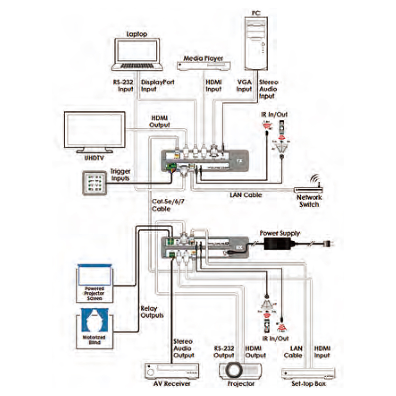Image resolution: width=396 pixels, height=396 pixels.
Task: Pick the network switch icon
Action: tap(309, 189)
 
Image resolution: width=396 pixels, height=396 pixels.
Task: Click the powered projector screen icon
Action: tap(94, 282)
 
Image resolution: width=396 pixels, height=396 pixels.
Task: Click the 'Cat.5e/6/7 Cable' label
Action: tap(167, 205)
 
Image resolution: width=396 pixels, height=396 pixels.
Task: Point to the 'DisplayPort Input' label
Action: tap(157, 85)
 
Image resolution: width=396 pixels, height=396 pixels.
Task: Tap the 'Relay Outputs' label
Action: tap(152, 312)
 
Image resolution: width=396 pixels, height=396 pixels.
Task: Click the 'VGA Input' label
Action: tap(244, 85)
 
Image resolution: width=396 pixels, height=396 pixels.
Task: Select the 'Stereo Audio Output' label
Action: tap(183, 348)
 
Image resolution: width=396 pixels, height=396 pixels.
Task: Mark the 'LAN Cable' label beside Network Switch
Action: tap(246, 195)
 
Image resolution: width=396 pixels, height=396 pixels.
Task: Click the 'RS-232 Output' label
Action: tap(224, 352)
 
